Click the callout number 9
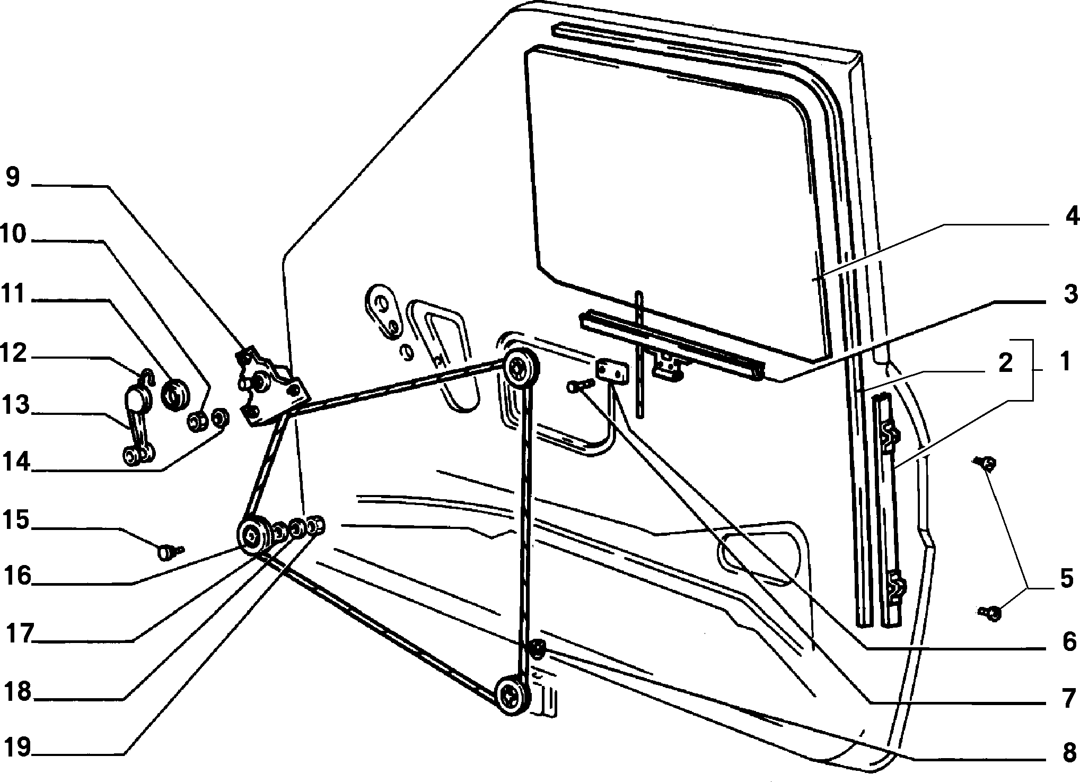tap(13, 177)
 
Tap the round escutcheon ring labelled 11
tap(175, 394)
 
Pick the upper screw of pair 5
tap(985, 464)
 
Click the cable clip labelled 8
tap(538, 648)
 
